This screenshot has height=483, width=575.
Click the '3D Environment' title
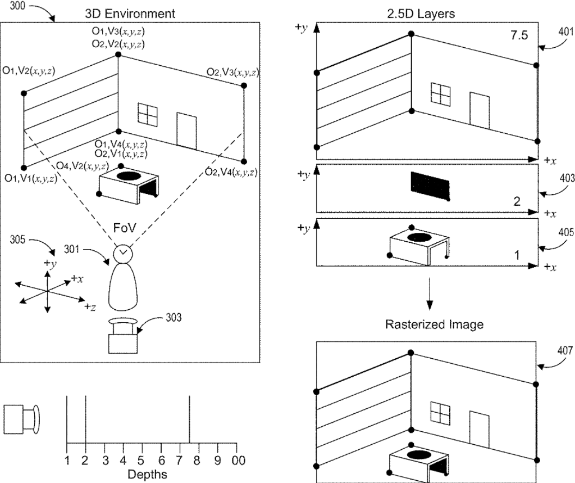coord(130,12)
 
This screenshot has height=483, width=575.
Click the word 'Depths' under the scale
coord(148,474)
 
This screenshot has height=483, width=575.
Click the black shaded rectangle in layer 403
coord(430,186)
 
